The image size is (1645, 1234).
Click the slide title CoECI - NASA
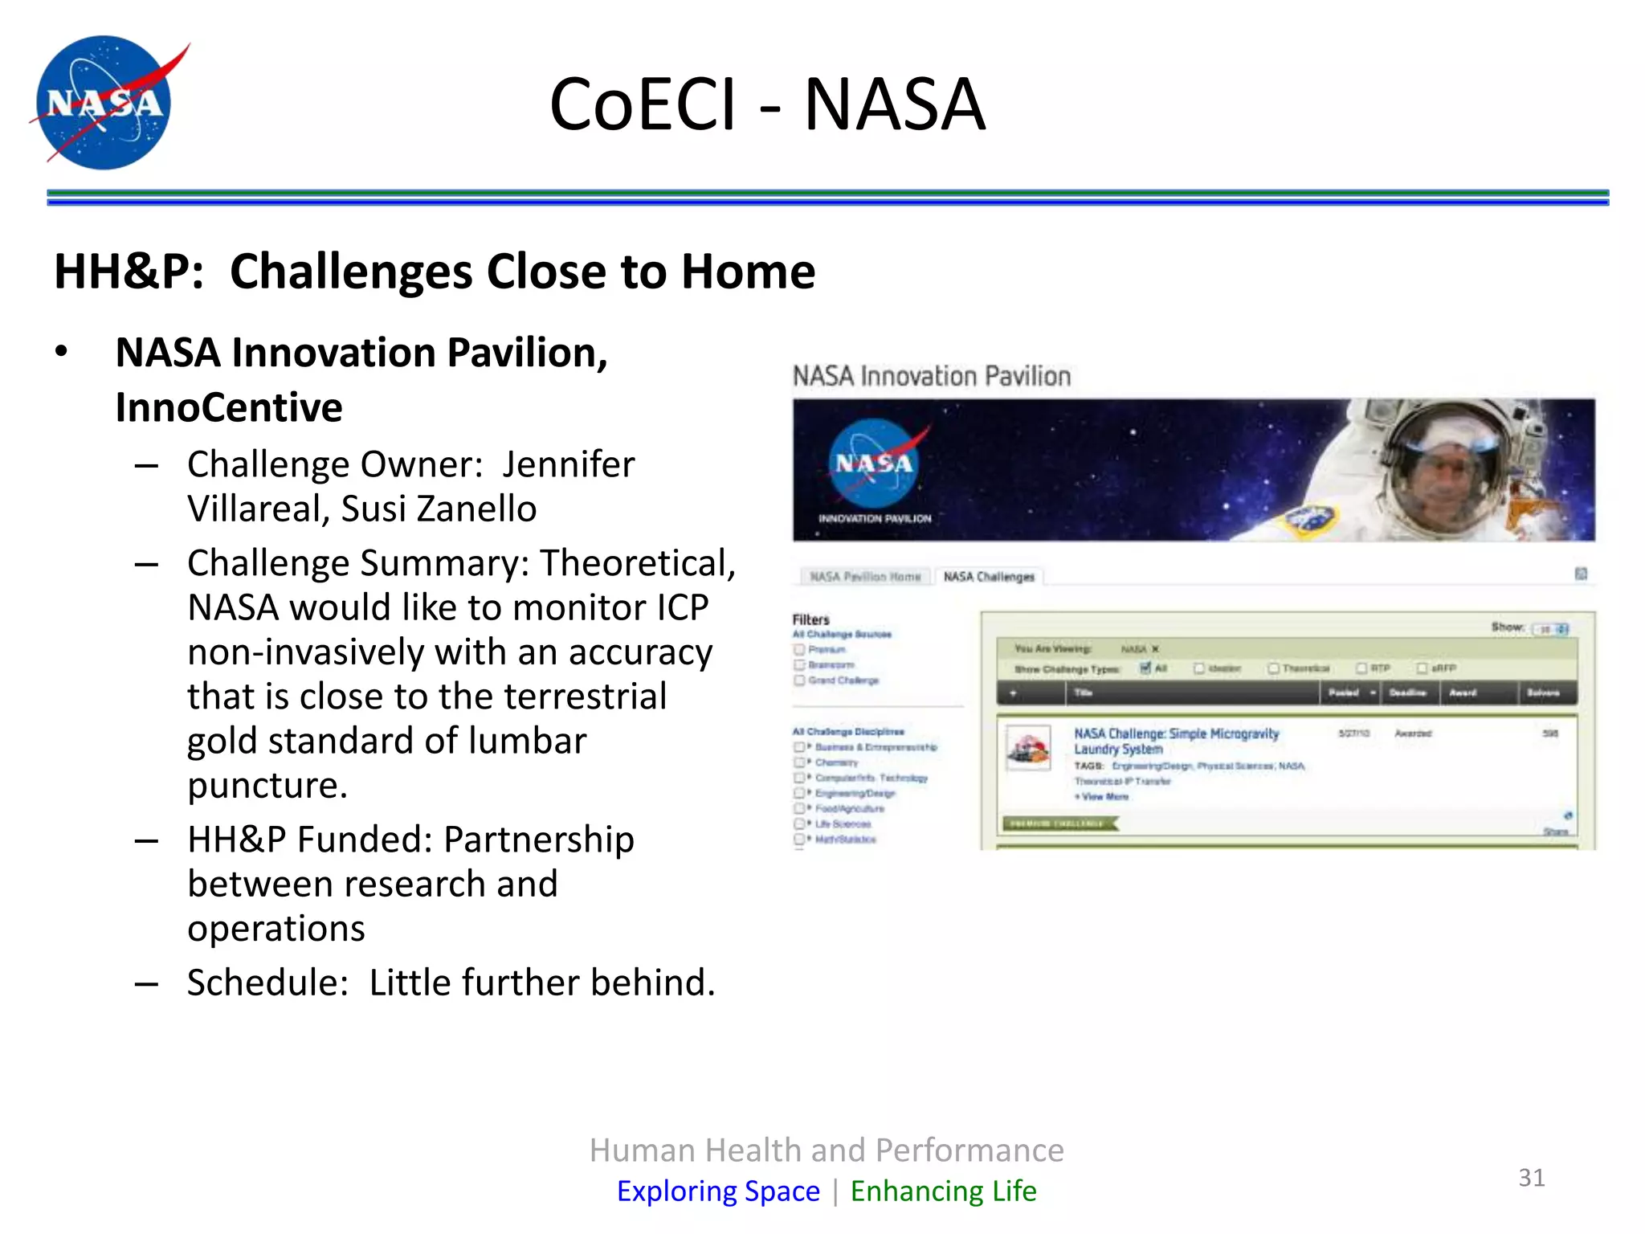767,104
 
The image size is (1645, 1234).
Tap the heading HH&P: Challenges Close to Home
434,272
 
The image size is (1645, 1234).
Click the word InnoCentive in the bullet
229,407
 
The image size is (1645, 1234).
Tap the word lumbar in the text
527,741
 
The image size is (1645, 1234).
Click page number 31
1531,1178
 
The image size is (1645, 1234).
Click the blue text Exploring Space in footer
718,1191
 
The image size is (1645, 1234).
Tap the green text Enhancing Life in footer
943,1191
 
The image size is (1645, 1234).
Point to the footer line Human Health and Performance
826,1150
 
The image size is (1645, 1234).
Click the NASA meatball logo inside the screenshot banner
874,464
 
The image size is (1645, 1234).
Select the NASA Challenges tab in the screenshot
989,577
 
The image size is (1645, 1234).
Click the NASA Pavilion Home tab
865,577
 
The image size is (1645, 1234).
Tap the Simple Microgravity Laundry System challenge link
1175,741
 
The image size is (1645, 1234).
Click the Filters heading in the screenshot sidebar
810,619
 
